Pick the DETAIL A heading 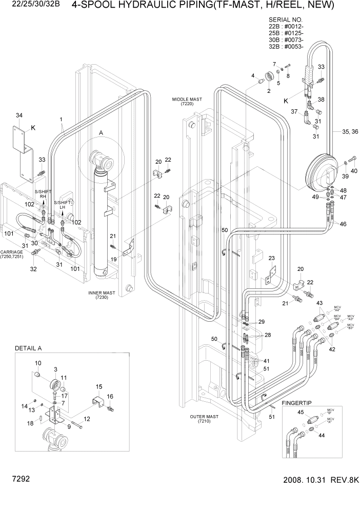[x=28, y=348]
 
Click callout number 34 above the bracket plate [x=19, y=115]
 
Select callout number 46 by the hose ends [x=343, y=224]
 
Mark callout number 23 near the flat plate [x=271, y=258]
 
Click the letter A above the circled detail [x=101, y=133]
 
